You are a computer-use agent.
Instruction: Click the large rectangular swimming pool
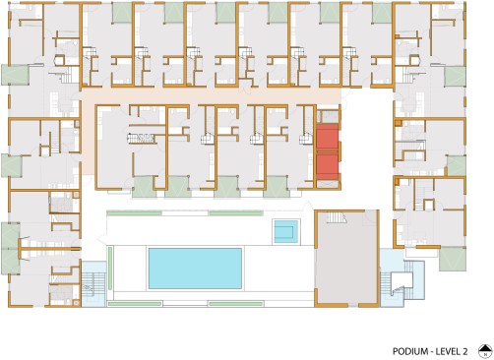(195, 269)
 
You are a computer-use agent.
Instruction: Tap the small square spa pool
(285, 232)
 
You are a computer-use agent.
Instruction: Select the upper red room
(327, 137)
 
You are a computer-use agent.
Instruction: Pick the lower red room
(327, 167)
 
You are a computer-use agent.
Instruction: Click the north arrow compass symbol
(485, 351)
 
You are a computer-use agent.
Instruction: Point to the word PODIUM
(410, 351)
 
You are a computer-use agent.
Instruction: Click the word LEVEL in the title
(448, 351)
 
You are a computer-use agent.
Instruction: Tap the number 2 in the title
(465, 351)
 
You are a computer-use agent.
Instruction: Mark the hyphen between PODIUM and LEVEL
(432, 352)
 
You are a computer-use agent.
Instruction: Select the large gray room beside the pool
(346, 259)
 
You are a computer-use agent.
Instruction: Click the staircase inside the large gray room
(337, 217)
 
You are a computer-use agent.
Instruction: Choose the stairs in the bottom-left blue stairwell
(93, 284)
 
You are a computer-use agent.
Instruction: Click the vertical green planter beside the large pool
(110, 269)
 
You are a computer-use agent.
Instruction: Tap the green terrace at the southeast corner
(453, 259)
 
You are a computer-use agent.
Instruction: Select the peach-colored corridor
(210, 95)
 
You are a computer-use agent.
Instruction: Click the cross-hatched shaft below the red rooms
(327, 184)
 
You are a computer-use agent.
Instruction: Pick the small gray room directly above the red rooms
(327, 116)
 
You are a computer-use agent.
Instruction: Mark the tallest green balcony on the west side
(11, 248)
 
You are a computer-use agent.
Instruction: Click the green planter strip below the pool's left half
(135, 304)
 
